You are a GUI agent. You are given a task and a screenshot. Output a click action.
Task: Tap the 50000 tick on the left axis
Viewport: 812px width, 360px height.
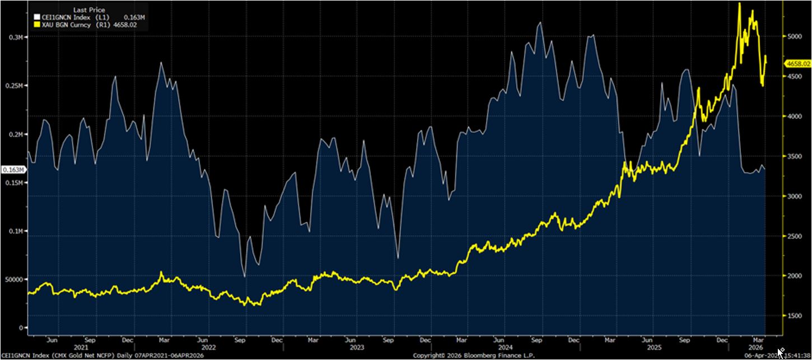(x=12, y=279)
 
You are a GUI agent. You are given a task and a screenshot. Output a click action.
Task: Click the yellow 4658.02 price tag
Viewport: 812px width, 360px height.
(x=798, y=64)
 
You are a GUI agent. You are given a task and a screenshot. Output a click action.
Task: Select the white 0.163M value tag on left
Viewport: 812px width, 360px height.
(x=13, y=170)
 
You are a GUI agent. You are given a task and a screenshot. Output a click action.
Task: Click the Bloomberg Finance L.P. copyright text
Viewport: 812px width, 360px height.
(x=474, y=356)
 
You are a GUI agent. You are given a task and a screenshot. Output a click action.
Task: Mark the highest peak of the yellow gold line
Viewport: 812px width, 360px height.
(x=740, y=3)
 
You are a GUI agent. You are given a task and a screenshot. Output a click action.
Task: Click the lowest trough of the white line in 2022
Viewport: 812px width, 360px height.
(x=245, y=276)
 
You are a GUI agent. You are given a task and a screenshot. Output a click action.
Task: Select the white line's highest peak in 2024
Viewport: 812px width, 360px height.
(x=539, y=23)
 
